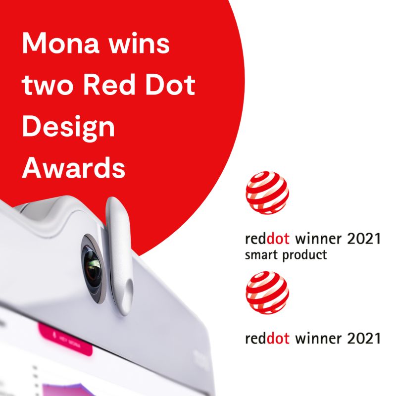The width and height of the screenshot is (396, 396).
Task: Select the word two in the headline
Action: [48, 86]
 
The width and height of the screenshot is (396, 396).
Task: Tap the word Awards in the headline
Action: [73, 169]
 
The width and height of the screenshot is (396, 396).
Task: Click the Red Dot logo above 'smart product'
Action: [267, 193]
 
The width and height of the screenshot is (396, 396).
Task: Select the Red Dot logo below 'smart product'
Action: [267, 293]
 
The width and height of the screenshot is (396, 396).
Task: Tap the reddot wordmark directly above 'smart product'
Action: [268, 240]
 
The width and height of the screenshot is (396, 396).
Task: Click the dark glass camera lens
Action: [93, 266]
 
